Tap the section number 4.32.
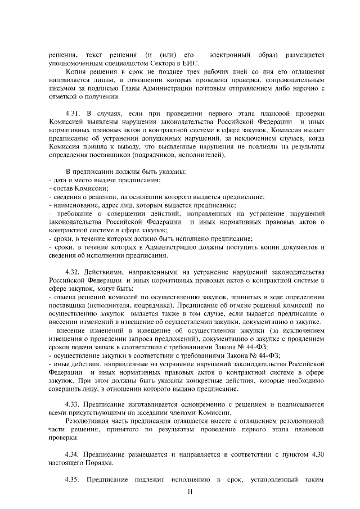pos(74,272)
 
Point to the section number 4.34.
pos(74,453)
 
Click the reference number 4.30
pos(317,453)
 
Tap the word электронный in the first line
pos(231,55)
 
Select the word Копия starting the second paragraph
pos(76,73)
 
